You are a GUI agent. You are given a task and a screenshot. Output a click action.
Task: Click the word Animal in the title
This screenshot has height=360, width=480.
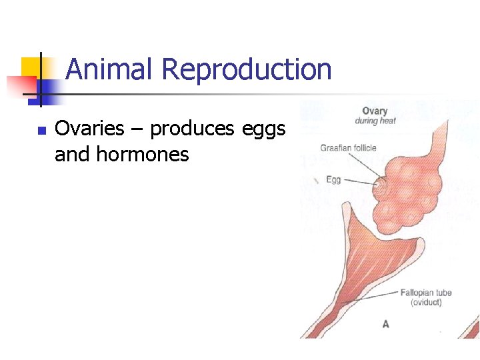[111, 69]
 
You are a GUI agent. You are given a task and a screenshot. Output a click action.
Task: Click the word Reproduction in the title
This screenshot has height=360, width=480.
[247, 69]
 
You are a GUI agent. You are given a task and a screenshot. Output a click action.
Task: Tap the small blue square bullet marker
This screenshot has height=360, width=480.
[41, 131]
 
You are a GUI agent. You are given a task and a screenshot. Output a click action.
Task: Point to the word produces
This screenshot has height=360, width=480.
[192, 129]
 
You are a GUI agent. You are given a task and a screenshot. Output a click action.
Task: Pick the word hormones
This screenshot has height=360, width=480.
[143, 155]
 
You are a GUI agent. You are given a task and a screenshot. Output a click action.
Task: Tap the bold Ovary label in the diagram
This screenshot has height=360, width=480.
[375, 111]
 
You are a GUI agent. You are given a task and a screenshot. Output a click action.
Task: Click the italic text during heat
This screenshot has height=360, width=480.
[375, 121]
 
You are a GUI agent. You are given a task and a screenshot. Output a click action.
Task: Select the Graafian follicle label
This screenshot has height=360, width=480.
[348, 148]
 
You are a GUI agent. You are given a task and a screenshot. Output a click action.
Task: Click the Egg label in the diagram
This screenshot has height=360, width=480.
[333, 180]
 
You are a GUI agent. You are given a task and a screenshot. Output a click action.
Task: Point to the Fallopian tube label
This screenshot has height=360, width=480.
[425, 293]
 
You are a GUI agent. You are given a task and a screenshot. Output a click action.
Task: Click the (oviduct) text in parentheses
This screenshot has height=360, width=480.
[425, 303]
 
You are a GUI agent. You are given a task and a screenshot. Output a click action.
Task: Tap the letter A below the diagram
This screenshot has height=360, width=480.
[385, 325]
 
